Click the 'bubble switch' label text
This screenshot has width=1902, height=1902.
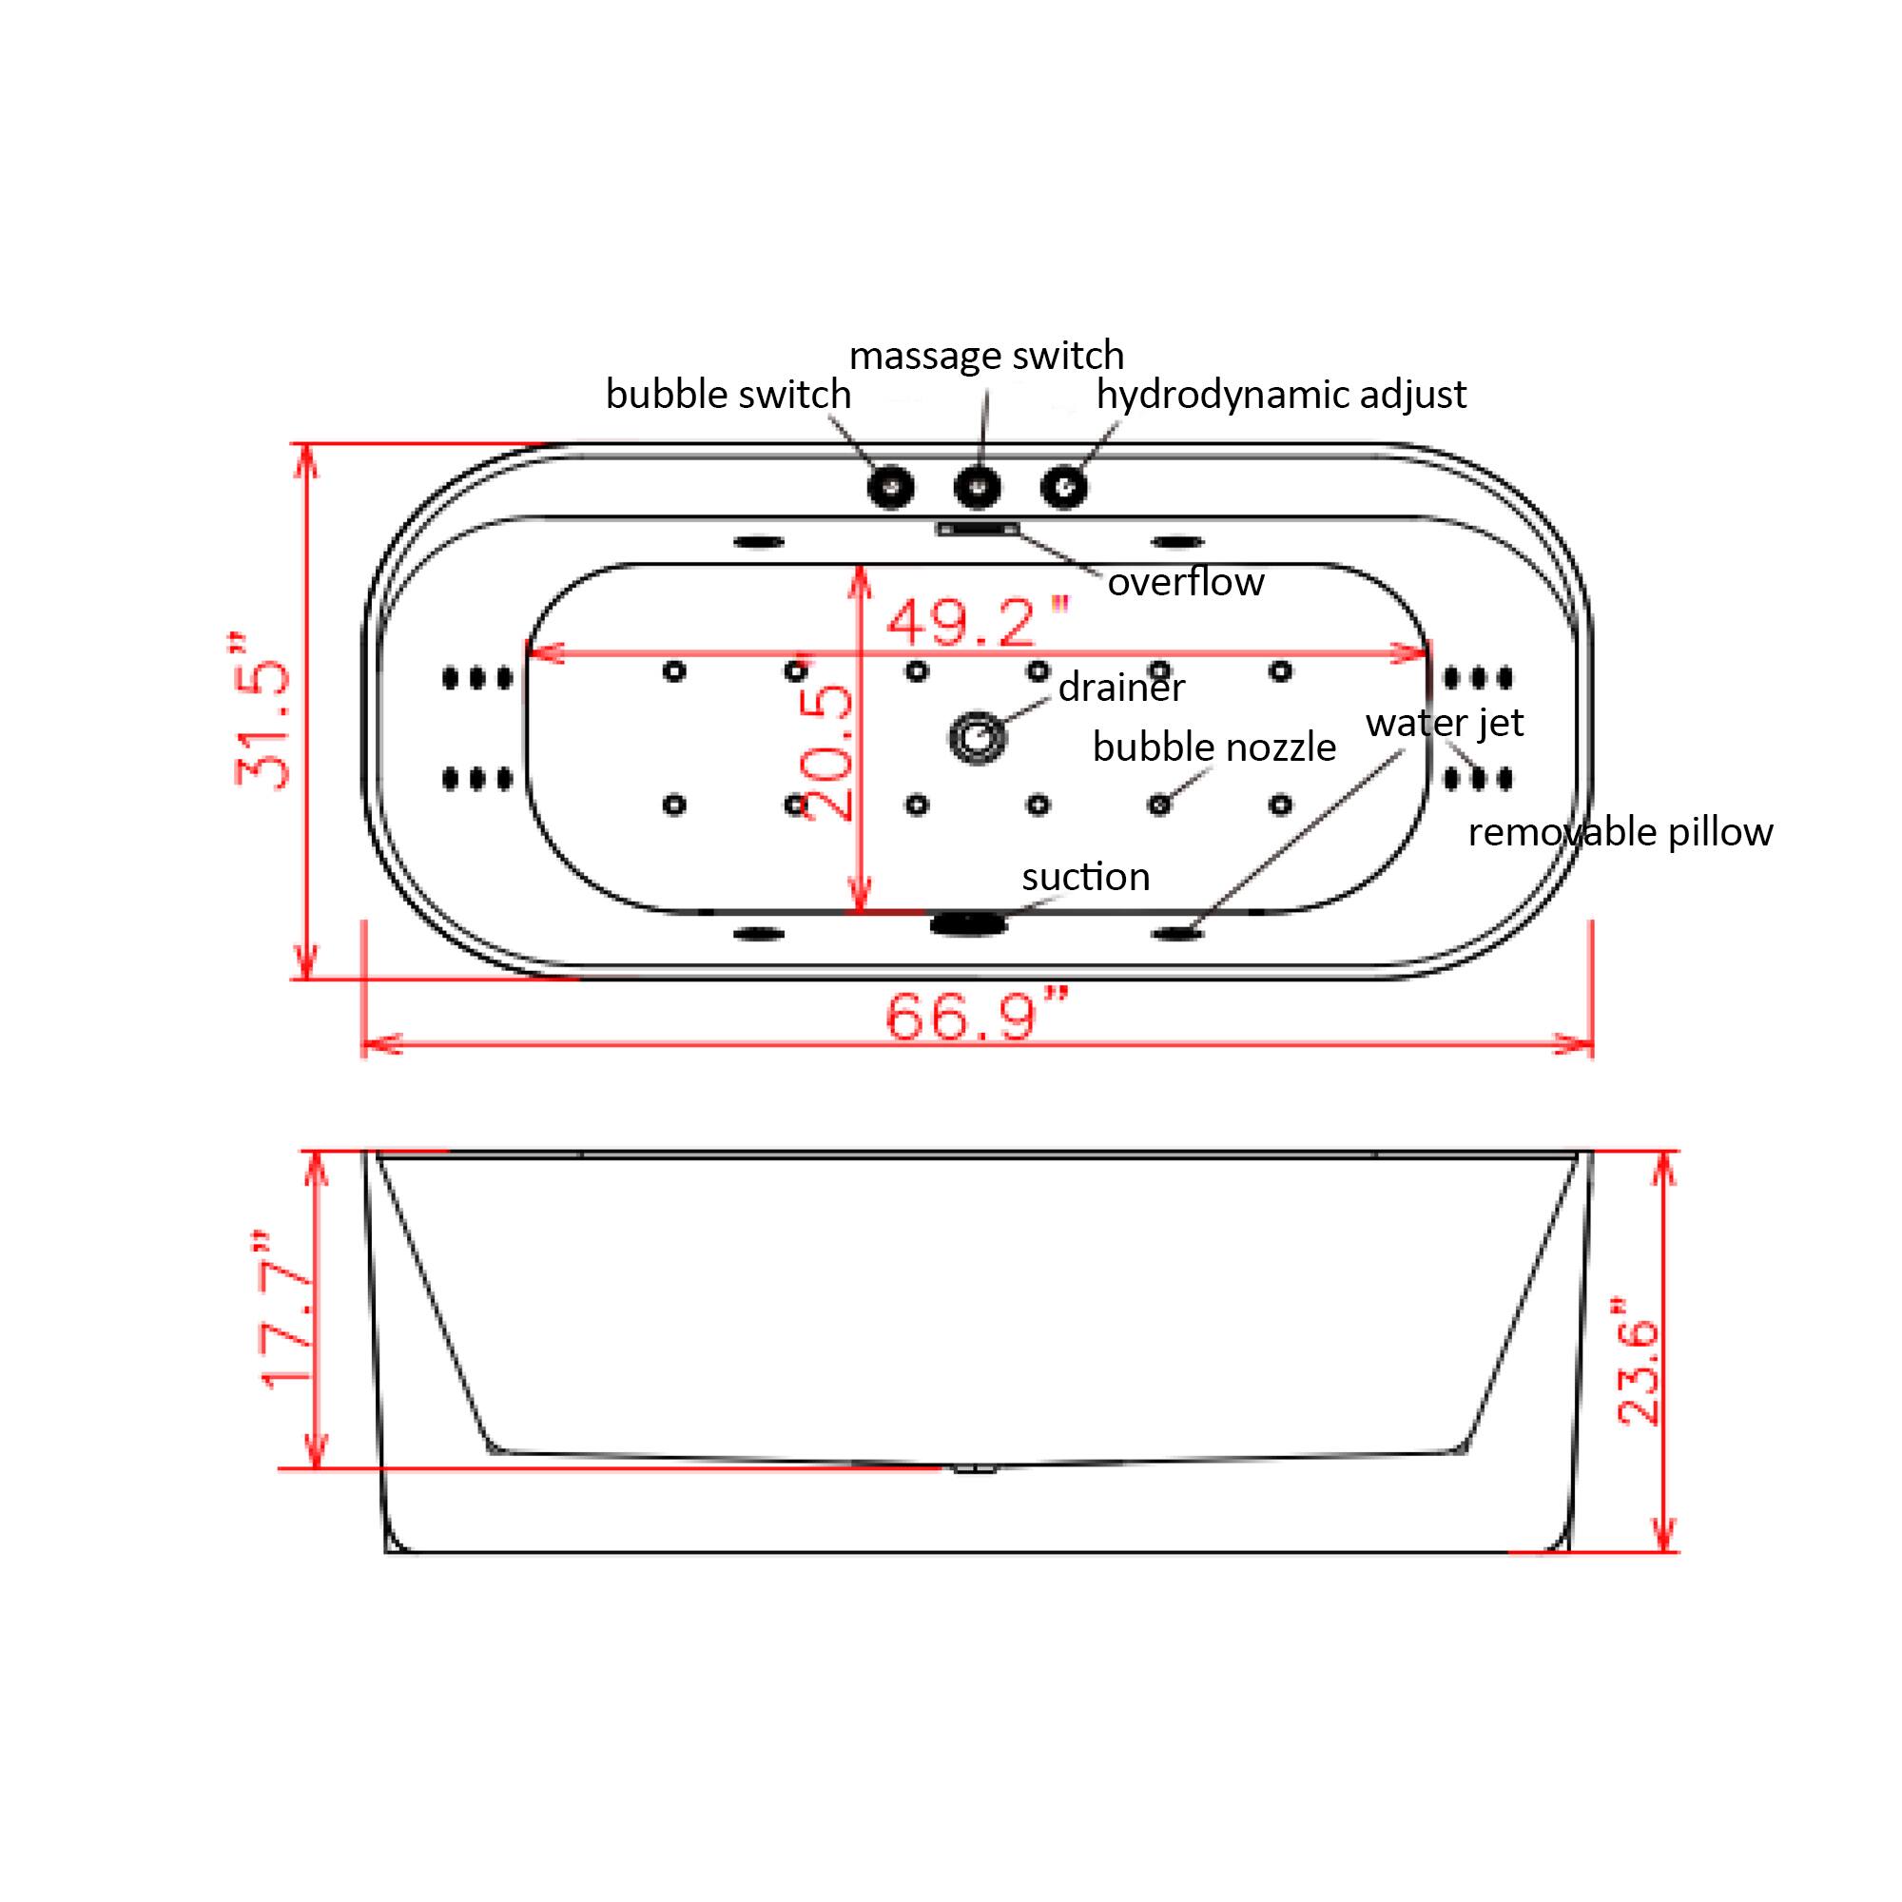click(728, 395)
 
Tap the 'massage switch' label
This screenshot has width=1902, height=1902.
click(985, 356)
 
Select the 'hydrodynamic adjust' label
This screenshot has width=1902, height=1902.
click(1281, 395)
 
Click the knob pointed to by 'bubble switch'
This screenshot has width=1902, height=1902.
click(890, 486)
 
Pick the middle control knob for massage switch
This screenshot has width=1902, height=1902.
click(978, 486)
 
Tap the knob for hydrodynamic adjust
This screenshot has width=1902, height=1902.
click(1064, 486)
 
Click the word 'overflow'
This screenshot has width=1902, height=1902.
click(1185, 582)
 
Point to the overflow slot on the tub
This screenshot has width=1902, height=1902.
click(978, 530)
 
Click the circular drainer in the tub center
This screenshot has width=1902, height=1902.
click(978, 736)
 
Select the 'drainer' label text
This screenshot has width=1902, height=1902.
click(1120, 688)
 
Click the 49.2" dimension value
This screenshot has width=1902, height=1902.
click(977, 622)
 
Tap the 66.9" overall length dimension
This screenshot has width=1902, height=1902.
click(977, 1016)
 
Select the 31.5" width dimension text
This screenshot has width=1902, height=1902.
click(263, 710)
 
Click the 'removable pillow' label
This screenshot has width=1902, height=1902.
click(1620, 833)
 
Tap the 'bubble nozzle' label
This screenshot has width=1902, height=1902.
click(1213, 748)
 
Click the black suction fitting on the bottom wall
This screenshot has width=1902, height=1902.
click(969, 922)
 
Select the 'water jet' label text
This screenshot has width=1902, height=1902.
click(1444, 724)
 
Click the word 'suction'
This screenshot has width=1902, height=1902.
click(1085, 876)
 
